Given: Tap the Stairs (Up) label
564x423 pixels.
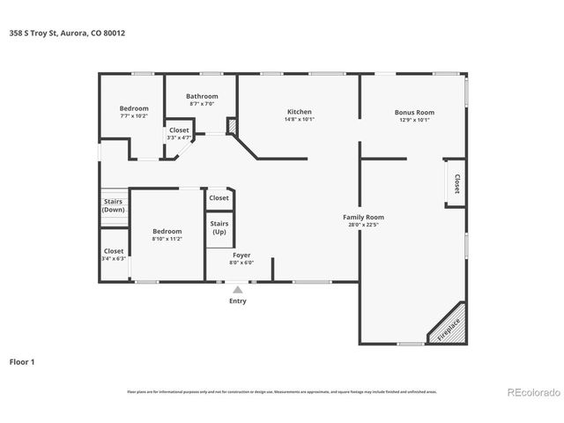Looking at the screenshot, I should pos(219,227).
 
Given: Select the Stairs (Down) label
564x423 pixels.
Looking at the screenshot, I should pos(113,205).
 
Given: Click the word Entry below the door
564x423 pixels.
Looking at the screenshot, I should pos(238,301).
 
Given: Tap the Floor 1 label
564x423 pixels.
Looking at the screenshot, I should pos(22,361).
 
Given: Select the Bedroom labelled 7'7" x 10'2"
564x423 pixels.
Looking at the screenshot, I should pos(134,112).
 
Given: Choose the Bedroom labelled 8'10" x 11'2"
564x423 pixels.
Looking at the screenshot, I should pos(167,234).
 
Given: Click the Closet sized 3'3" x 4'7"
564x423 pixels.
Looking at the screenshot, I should pos(179,134).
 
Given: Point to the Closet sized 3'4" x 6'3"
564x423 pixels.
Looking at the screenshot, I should pos(114,255).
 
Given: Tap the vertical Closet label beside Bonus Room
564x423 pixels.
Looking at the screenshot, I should pos(456,182).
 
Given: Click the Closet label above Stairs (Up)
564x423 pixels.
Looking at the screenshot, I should pos(219,198).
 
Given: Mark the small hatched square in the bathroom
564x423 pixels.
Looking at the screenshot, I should pos(233,127).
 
